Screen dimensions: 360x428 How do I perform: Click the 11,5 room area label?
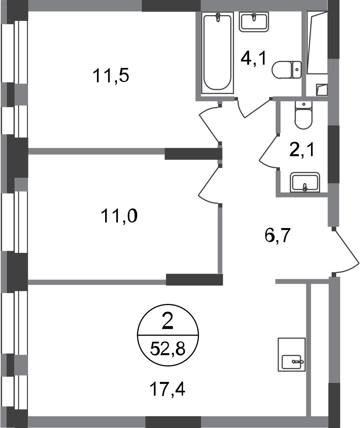point(111,76)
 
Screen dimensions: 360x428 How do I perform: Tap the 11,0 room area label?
point(119,216)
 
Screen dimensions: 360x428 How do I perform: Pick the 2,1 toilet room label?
point(302,150)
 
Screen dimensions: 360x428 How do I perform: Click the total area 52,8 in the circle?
point(168,349)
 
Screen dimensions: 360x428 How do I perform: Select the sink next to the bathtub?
point(254,22)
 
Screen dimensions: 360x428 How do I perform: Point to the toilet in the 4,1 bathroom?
point(287,70)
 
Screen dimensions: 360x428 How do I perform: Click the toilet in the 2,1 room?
point(303,115)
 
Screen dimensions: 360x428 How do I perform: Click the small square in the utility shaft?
point(322,90)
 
